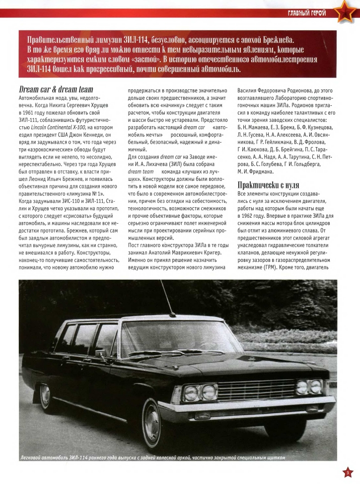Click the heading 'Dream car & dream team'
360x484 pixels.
pos(55,90)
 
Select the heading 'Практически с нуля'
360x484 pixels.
pos(268,185)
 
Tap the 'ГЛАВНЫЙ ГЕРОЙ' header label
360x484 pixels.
pos(306,12)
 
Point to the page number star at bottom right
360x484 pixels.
pos(348,472)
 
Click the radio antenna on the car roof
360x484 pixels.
pos(171,303)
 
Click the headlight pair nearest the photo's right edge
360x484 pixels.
pos(309,387)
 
